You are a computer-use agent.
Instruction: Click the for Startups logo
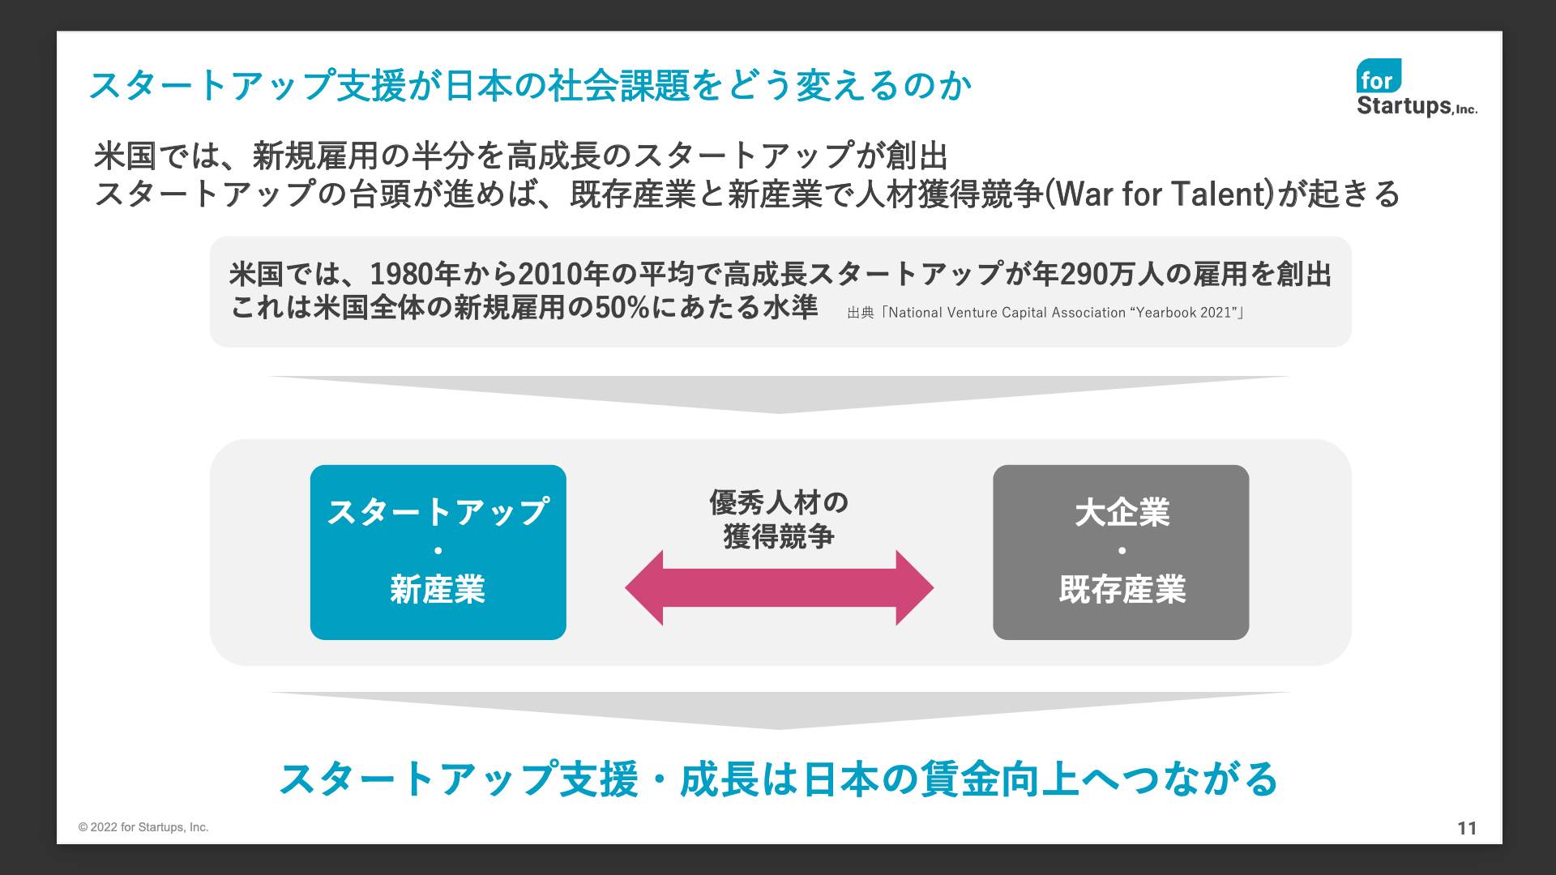coord(1417,88)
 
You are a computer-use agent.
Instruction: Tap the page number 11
coord(1467,828)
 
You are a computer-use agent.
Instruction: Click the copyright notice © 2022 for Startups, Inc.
coord(143,827)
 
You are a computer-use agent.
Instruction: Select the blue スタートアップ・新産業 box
coord(438,552)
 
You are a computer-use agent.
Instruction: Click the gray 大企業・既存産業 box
coord(1121,552)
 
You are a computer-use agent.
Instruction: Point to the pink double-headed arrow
coord(779,587)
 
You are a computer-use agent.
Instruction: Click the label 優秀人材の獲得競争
coord(779,519)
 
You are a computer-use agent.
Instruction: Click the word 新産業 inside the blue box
coord(438,590)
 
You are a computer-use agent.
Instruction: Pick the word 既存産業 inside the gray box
coord(1122,590)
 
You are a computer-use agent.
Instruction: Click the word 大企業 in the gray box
coord(1122,513)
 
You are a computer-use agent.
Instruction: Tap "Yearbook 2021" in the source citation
coord(1187,313)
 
